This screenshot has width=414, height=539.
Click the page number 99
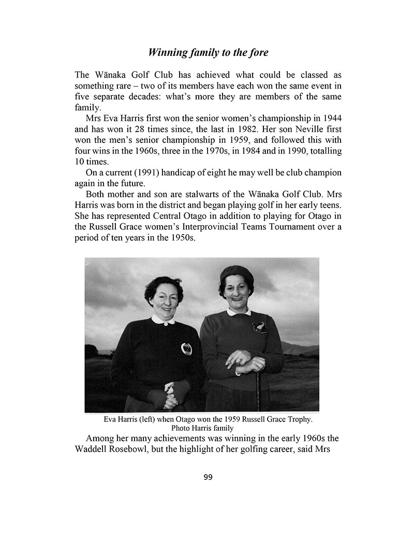click(x=208, y=477)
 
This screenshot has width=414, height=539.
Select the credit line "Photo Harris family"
click(x=202, y=428)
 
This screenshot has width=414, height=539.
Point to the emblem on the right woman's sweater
click(x=259, y=327)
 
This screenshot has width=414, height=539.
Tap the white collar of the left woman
click(x=164, y=319)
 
